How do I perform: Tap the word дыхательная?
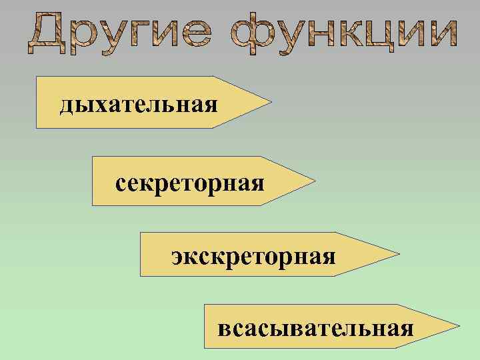[139, 104]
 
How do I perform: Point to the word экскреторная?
[253, 256]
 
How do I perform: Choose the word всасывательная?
[315, 328]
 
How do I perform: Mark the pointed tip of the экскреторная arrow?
[399, 254]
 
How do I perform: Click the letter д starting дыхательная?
[65, 105]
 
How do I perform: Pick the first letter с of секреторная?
[120, 183]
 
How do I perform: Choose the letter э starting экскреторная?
[177, 257]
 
